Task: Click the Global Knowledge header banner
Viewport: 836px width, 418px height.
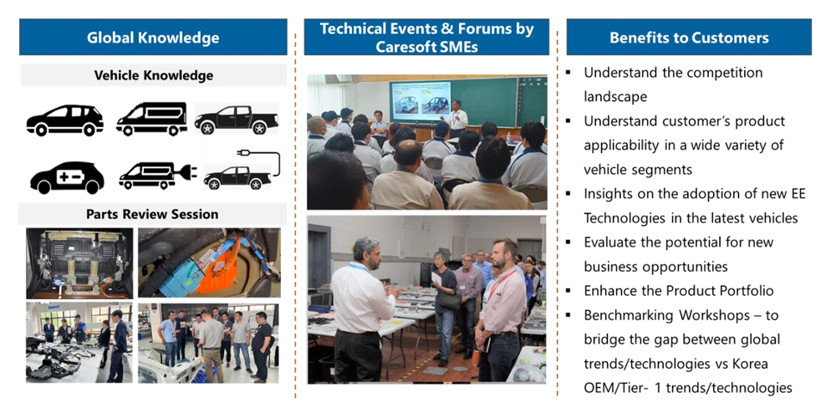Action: pyautogui.click(x=153, y=38)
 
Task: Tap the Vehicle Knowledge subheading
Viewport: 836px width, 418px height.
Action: pyautogui.click(x=154, y=76)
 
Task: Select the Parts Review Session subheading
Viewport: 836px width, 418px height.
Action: pyautogui.click(x=152, y=214)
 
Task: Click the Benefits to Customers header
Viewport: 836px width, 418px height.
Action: pyautogui.click(x=689, y=38)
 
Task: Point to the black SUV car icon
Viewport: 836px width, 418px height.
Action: pyautogui.click(x=64, y=120)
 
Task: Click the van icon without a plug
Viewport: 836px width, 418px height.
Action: pyautogui.click(x=151, y=120)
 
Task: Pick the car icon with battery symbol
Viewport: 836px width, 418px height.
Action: pyautogui.click(x=67, y=177)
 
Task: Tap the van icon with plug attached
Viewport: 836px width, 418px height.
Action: pyautogui.click(x=157, y=176)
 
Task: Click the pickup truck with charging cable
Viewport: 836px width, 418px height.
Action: pyautogui.click(x=242, y=170)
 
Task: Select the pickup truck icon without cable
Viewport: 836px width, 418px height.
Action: pyautogui.click(x=237, y=120)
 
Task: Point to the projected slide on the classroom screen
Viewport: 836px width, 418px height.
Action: pyautogui.click(x=421, y=101)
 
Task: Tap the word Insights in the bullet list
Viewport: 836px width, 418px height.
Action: pyautogui.click(x=609, y=195)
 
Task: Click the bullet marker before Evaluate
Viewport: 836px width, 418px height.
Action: pyautogui.click(x=569, y=243)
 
